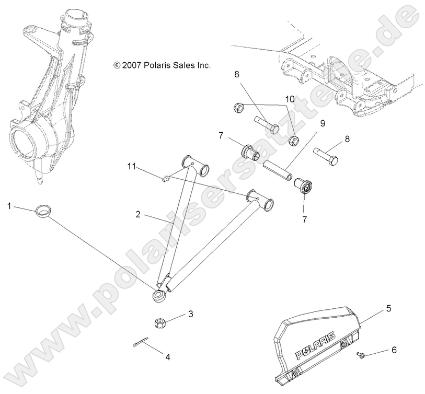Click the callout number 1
(9, 206)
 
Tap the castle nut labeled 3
(162, 322)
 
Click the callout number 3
(191, 314)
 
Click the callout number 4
(168, 357)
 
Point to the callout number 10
(290, 99)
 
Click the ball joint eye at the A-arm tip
(158, 296)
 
